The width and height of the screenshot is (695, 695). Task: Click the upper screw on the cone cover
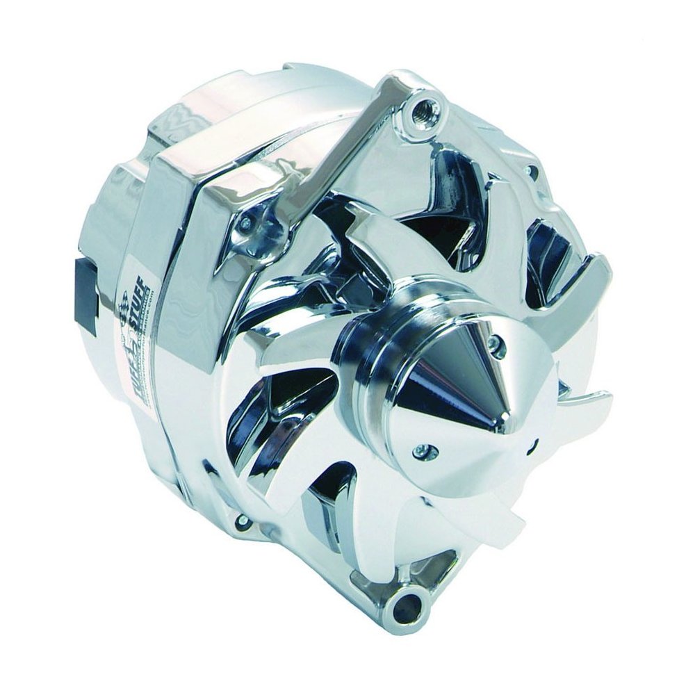pyautogui.click(x=494, y=343)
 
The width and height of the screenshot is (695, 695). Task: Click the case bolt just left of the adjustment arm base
pyautogui.click(x=245, y=222)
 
